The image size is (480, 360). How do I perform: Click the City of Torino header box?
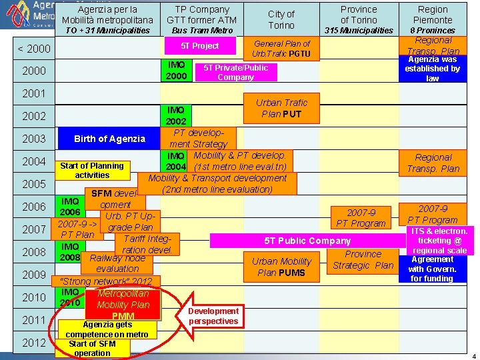click(x=281, y=19)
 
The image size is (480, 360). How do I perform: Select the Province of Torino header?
click(x=359, y=19)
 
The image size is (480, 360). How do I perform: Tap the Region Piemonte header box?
click(x=433, y=19)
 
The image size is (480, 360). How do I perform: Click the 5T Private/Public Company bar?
click(x=235, y=72)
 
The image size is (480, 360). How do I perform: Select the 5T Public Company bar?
click(x=307, y=240)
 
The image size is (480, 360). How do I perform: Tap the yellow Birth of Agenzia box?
click(x=109, y=139)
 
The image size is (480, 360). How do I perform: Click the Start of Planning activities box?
click(x=92, y=170)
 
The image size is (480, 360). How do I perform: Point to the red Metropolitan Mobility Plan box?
click(x=123, y=304)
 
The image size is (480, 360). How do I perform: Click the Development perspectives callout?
click(x=213, y=316)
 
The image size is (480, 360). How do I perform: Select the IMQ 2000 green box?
click(x=177, y=70)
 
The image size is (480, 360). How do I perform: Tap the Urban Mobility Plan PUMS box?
click(x=281, y=267)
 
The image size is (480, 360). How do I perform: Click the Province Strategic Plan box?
click(x=363, y=259)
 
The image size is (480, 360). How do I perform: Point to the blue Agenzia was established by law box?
click(x=433, y=69)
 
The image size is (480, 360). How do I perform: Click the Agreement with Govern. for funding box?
click(x=432, y=269)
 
